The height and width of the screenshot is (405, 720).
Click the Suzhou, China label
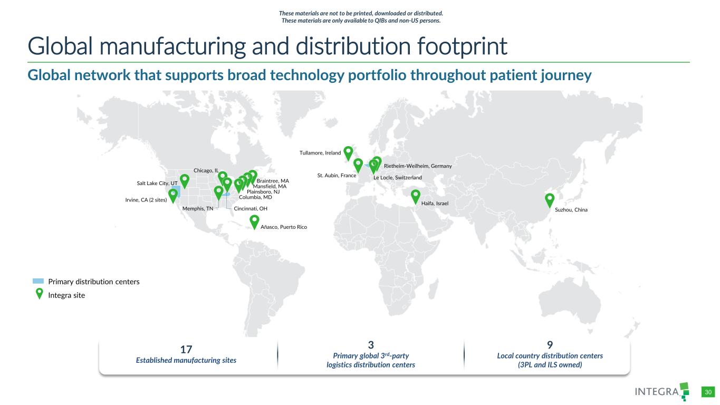click(571, 210)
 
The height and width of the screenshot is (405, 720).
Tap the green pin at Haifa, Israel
click(416, 196)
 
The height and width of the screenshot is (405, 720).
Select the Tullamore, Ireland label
click(320, 153)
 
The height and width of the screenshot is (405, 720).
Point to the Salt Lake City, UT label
click(157, 184)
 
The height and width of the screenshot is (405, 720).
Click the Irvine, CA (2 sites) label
click(146, 200)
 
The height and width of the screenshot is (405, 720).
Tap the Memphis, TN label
click(198, 209)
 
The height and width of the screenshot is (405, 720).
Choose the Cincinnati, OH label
click(251, 209)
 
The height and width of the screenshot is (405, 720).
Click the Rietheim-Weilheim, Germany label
click(418, 166)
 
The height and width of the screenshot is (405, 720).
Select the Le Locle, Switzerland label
click(398, 178)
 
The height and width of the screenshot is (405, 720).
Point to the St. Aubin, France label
click(337, 176)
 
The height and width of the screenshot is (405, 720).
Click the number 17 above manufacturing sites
click(186, 350)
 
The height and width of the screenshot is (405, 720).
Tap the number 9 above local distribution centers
click(550, 345)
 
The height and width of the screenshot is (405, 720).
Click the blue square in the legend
click(38, 281)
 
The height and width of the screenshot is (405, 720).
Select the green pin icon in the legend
click(39, 293)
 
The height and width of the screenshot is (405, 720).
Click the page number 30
click(708, 392)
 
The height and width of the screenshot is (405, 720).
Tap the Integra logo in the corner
click(662, 391)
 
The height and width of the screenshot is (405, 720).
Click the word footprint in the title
click(462, 46)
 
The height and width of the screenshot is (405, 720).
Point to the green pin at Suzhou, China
click(550, 201)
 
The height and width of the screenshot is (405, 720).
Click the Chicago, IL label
click(206, 171)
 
